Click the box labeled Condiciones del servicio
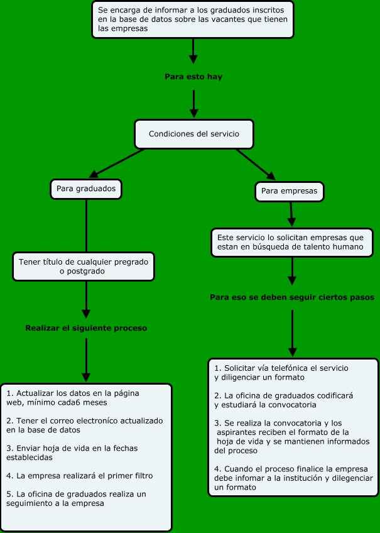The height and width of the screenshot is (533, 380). click(194, 134)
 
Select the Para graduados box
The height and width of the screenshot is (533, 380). click(86, 189)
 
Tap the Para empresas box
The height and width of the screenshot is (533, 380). click(290, 191)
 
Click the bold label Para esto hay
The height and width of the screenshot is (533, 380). click(193, 77)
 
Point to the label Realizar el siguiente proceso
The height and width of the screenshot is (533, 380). click(86, 328)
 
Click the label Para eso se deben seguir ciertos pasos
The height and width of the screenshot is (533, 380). click(292, 297)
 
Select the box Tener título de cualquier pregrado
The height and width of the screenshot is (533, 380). click(84, 266)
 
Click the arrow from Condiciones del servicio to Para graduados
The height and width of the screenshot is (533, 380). click(116, 163)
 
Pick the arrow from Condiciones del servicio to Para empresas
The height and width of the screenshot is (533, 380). click(256, 165)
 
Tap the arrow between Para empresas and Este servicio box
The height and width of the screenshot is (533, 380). click(291, 214)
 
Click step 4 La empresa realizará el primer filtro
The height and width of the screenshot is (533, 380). click(80, 476)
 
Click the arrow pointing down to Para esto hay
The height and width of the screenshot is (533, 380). click(193, 51)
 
